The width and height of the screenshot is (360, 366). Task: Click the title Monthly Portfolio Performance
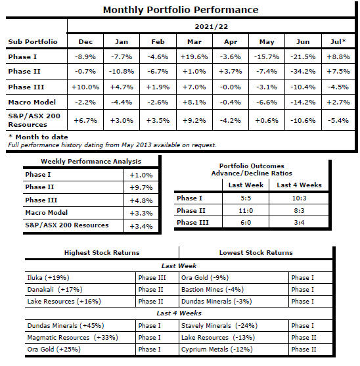181,10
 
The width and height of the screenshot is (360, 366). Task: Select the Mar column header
194,42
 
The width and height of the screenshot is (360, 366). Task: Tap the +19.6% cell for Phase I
194,57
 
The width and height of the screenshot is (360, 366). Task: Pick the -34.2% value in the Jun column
303,71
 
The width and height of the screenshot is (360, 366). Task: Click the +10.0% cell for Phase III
85,87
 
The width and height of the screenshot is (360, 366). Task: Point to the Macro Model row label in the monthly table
32,102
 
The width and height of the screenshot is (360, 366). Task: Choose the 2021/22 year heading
212,26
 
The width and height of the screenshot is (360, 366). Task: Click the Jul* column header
338,41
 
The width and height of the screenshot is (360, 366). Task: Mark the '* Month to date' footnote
38,137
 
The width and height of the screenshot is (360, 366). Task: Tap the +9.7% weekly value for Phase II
141,187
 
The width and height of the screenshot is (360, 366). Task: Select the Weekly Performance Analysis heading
91,161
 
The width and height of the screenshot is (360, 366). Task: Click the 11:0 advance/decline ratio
246,210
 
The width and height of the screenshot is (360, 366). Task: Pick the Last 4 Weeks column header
299,185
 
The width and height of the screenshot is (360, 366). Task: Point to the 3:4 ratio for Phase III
299,222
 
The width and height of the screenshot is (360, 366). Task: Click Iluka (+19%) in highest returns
49,277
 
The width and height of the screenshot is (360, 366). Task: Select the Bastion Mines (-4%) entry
213,289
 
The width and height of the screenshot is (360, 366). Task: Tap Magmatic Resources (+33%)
72,337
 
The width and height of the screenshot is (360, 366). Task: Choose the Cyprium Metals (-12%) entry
217,349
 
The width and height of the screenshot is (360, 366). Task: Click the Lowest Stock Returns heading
256,252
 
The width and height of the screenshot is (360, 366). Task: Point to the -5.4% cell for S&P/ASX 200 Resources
338,121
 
